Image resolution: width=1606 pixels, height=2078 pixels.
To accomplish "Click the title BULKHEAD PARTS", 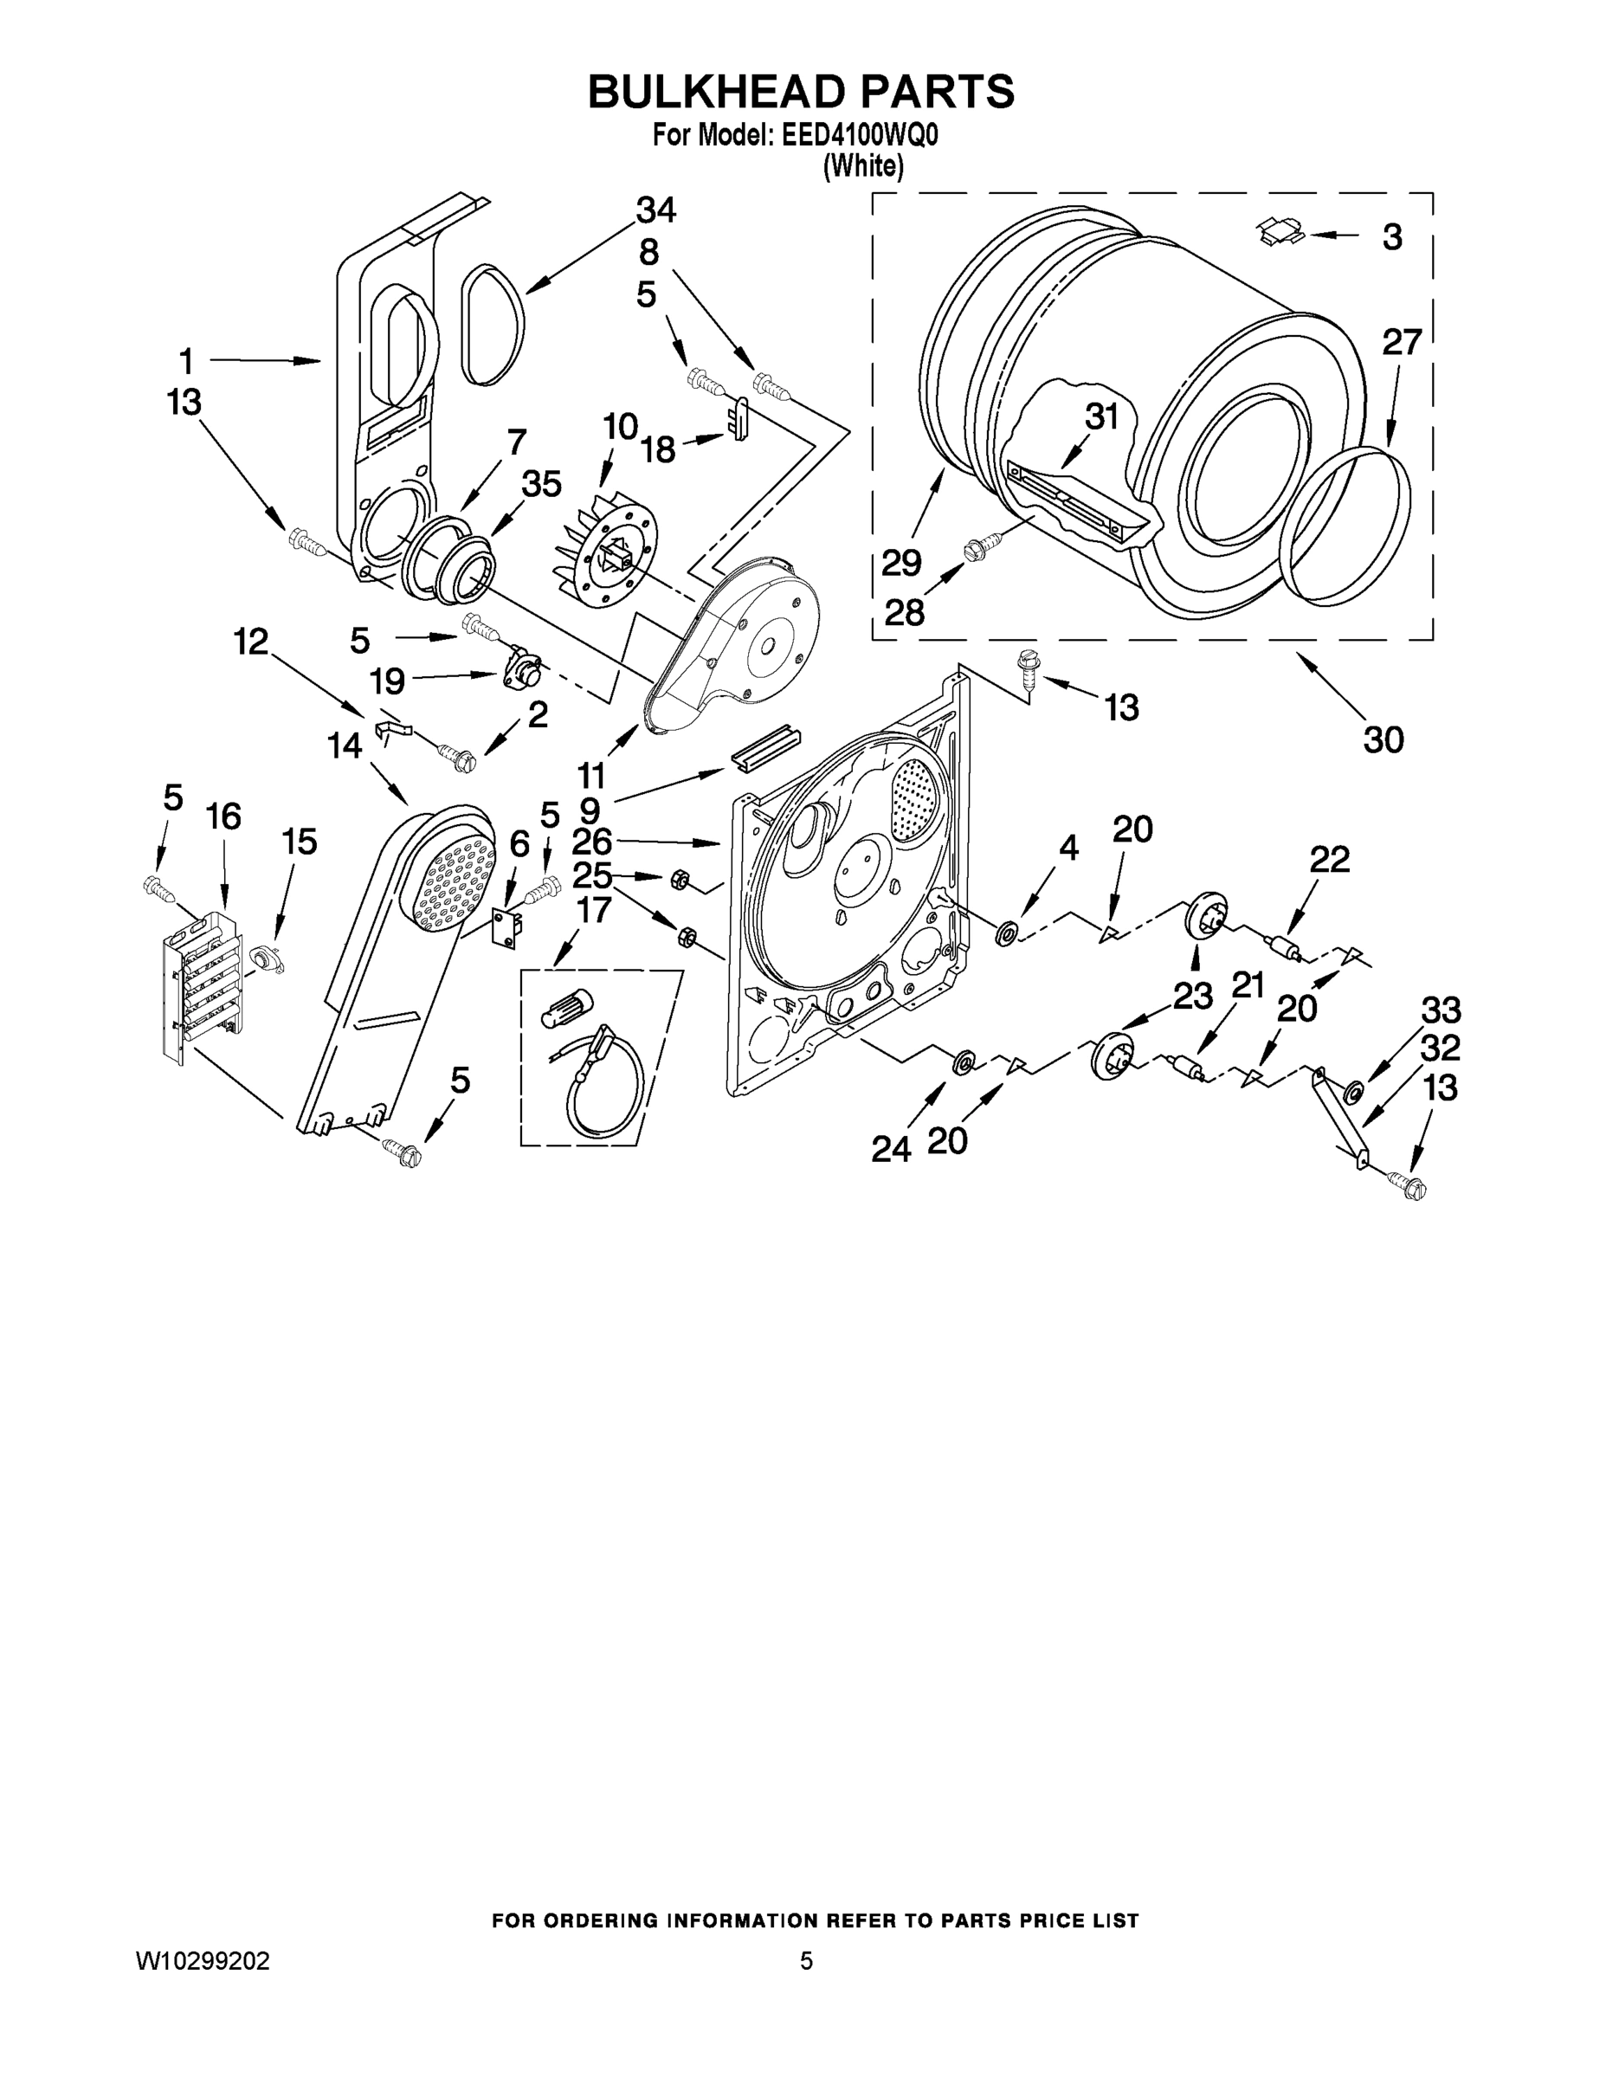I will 801,93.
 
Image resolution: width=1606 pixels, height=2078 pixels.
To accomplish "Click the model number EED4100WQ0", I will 859,136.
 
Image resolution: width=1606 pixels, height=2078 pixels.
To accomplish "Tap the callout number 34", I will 655,210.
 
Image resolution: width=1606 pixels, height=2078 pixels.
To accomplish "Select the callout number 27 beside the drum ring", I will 1401,342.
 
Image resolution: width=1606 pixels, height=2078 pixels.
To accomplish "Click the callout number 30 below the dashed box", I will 1383,739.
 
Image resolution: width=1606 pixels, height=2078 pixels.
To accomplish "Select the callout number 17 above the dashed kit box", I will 593,911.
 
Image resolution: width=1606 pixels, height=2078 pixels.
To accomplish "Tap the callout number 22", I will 1329,859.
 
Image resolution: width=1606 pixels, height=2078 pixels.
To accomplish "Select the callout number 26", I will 592,841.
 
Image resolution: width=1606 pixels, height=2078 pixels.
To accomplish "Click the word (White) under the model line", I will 863,165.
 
